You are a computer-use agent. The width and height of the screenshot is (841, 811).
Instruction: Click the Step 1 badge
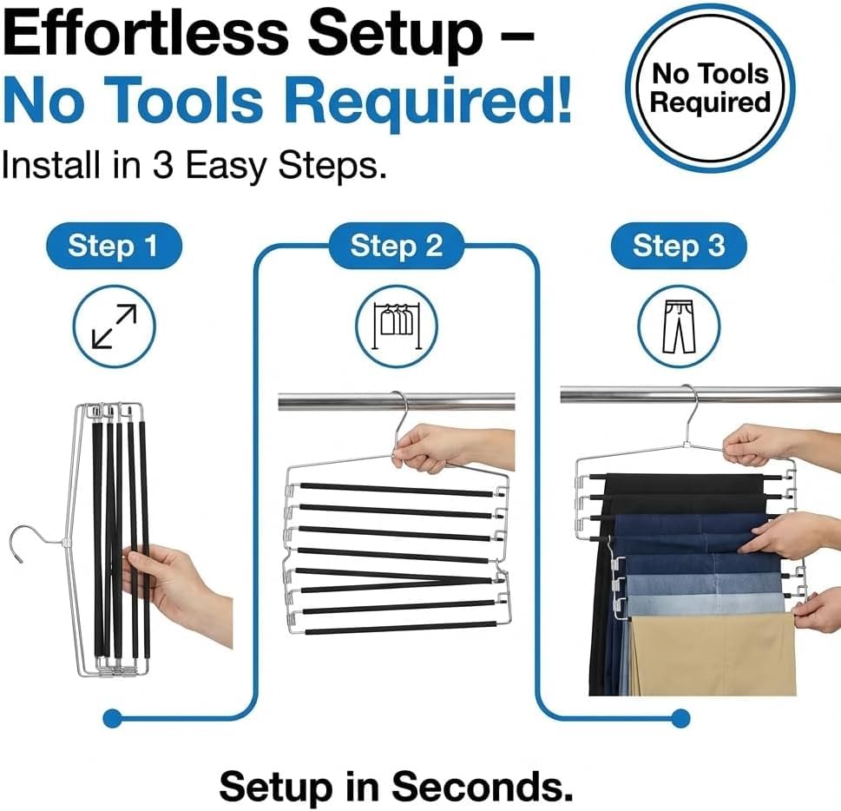114,246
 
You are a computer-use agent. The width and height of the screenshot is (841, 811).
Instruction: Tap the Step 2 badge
397,246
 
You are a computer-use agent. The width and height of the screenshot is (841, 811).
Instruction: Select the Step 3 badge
679,246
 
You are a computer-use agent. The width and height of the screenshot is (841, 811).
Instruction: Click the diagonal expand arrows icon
115,326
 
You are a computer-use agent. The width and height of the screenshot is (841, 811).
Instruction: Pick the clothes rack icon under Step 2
397,326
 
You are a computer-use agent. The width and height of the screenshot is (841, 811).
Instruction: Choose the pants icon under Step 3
679,326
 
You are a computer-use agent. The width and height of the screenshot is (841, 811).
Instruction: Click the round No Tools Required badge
710,88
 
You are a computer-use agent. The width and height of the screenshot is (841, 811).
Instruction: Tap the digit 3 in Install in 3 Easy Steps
162,164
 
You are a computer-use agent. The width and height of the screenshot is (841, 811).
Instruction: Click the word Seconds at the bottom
483,787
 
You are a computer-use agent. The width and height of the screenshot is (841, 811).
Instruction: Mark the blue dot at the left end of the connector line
112,717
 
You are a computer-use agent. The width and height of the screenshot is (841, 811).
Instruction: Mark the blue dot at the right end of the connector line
680,717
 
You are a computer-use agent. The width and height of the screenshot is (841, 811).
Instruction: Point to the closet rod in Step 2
397,401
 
